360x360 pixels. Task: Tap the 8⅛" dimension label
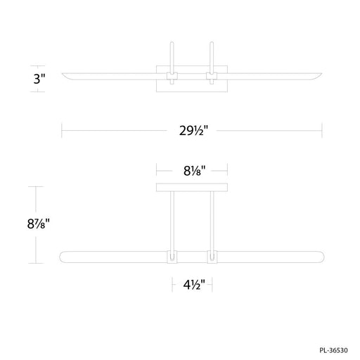pyautogui.click(x=191, y=169)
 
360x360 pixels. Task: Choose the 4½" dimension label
pyautogui.click(x=191, y=285)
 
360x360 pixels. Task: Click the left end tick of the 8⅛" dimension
pyautogui.click(x=155, y=169)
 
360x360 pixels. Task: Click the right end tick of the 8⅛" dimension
pyautogui.click(x=227, y=169)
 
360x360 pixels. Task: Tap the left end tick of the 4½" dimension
pyautogui.click(x=172, y=285)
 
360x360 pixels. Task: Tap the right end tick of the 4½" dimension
pyautogui.click(x=212, y=285)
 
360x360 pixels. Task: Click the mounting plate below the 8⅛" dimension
pyautogui.click(x=191, y=188)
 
